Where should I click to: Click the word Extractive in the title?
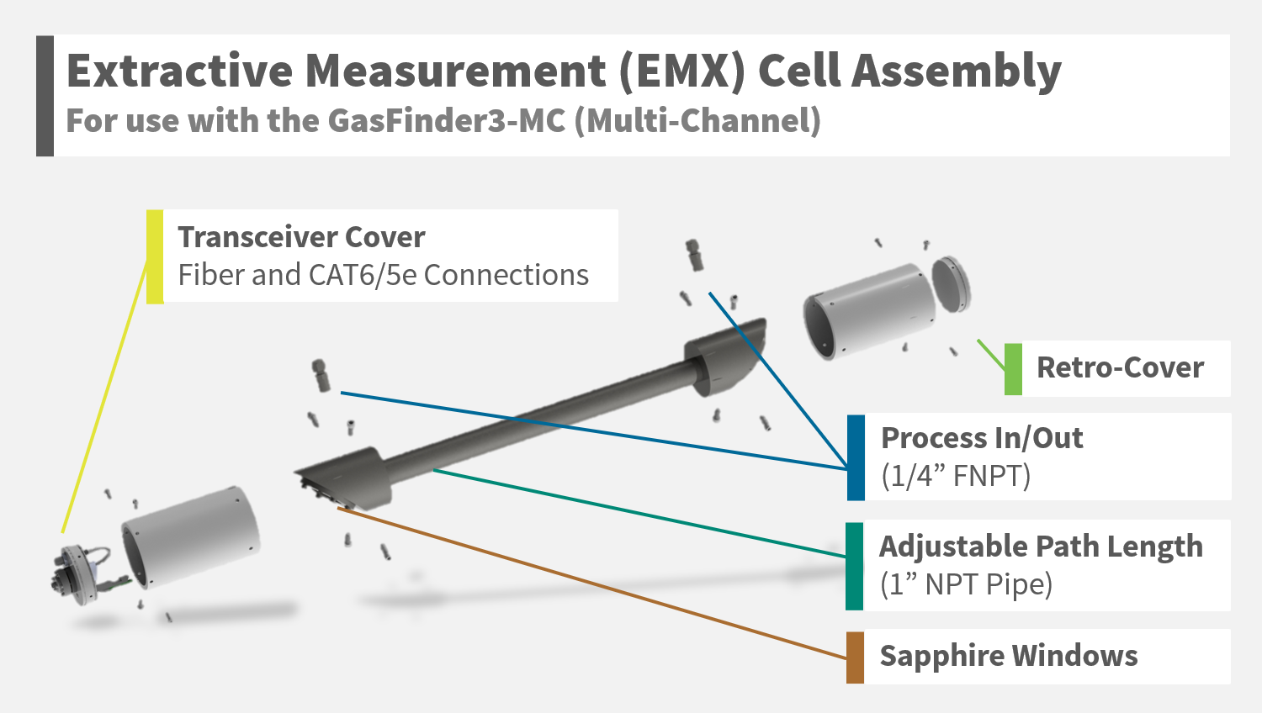180,71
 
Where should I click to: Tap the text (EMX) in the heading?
683,71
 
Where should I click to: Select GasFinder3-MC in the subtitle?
446,120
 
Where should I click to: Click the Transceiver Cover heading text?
301,237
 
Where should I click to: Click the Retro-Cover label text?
1120,367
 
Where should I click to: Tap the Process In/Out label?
982,438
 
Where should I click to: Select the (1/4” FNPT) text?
956,476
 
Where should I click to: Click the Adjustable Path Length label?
1042,547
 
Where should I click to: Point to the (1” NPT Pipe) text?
966,584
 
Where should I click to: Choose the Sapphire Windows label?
1009,656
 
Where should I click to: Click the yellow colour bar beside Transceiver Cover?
155,256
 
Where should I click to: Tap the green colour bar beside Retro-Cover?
1013,369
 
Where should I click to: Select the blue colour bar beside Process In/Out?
856,458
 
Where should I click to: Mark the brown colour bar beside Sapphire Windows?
855,658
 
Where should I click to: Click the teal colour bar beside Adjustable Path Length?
854,566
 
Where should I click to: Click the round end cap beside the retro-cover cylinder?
951,284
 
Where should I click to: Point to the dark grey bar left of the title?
45,96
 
